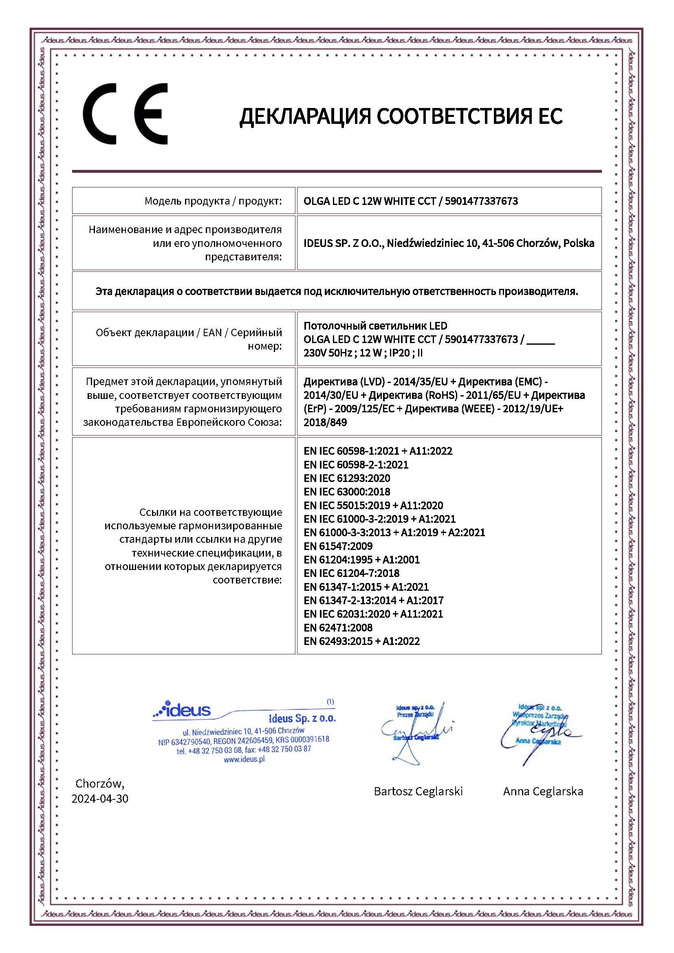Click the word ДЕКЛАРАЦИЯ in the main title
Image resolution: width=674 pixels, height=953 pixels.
pos(305,116)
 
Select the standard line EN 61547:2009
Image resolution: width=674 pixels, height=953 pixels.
pos(338,546)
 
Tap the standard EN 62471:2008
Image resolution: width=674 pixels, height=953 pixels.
pos(338,627)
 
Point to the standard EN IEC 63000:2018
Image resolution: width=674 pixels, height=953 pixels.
pos(346,491)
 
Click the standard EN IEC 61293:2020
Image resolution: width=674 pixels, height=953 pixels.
pos(346,478)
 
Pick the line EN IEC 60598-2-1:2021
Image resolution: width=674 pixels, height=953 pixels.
pos(356,464)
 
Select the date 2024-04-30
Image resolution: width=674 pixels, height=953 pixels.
pos(99,798)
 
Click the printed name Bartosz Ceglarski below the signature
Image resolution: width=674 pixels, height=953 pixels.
pos(418,791)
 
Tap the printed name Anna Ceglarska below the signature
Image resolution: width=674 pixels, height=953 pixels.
pos(543,791)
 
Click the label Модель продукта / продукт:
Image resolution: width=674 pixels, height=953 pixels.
pos(213,201)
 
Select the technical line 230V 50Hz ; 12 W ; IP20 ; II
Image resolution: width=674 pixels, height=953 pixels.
pos(363,353)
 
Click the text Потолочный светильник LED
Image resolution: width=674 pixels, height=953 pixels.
pos(375,326)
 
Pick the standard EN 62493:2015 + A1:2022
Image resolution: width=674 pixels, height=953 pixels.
pos(361,641)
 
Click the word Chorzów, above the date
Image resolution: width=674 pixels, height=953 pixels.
pos(99,783)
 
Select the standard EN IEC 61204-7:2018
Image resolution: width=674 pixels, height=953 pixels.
pos(351,573)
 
